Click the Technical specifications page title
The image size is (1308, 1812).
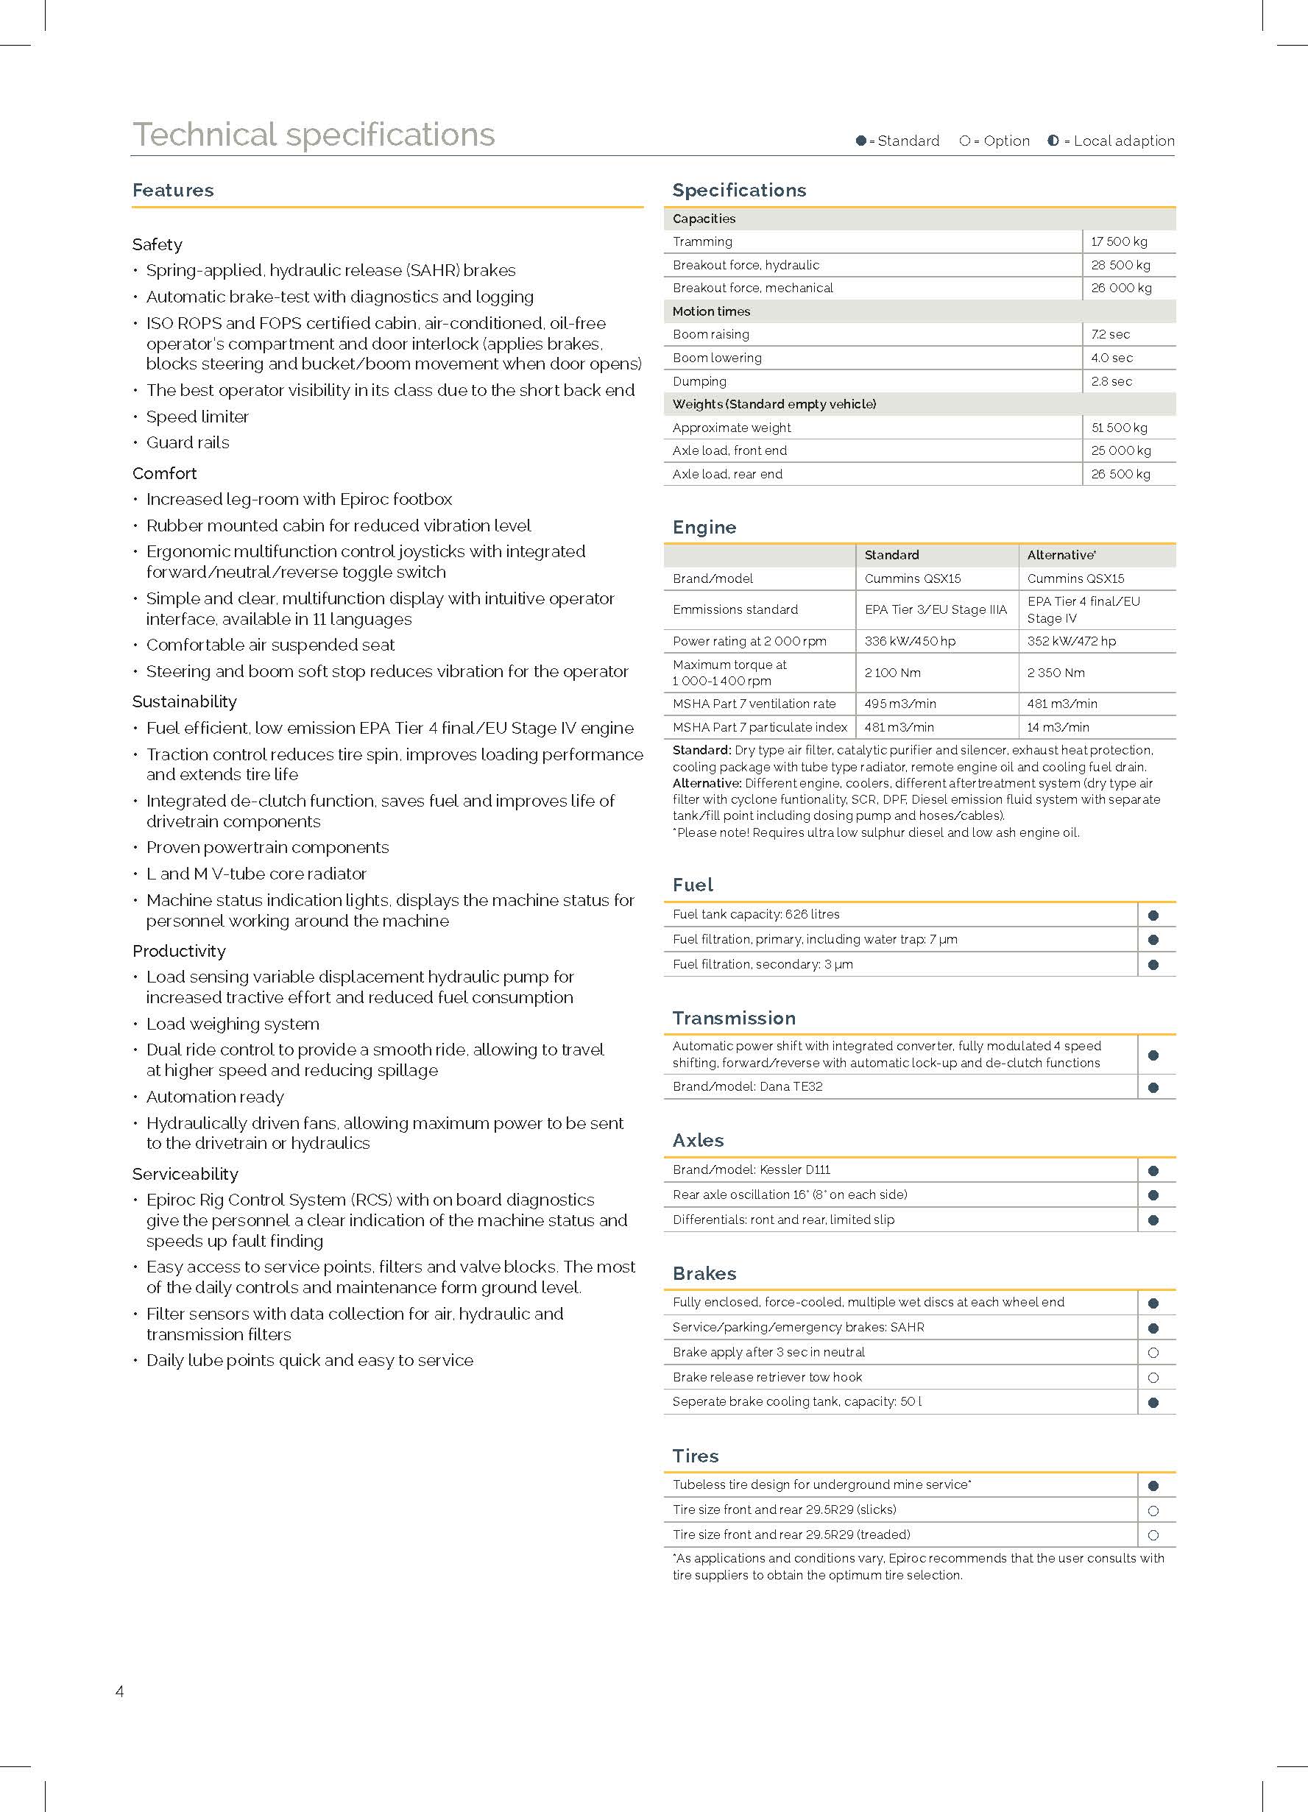(x=314, y=134)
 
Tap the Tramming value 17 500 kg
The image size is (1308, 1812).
(x=1119, y=241)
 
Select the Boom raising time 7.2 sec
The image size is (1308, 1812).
(x=1111, y=334)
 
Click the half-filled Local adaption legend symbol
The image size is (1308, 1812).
(x=1053, y=141)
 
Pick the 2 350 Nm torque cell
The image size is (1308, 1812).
(x=1056, y=673)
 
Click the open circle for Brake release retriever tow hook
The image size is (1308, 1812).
(x=1153, y=1377)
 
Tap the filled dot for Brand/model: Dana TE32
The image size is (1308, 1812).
(x=1153, y=1087)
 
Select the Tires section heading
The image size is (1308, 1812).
(x=695, y=1456)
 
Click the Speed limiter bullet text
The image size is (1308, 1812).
(x=197, y=417)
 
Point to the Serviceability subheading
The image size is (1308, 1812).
(x=185, y=1174)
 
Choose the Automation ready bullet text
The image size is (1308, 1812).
(x=215, y=1097)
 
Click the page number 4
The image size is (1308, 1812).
(x=120, y=1691)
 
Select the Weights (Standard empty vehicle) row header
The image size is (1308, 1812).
(x=774, y=404)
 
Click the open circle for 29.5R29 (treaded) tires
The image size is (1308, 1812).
(x=1153, y=1535)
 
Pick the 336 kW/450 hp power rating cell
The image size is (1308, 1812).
(x=909, y=641)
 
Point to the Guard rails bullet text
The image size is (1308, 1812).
(x=188, y=442)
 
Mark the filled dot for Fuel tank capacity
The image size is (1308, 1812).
(x=1153, y=916)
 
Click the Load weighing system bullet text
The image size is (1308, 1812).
(x=233, y=1024)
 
